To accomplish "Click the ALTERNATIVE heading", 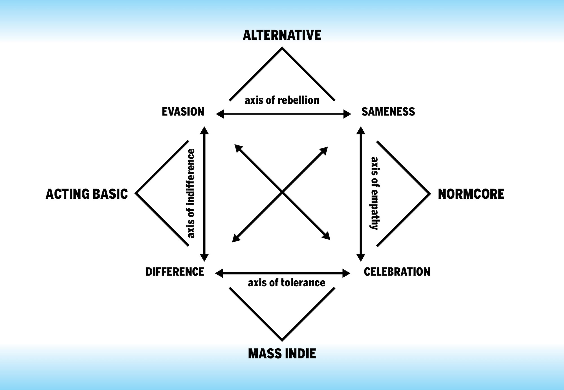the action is pyautogui.click(x=282, y=35).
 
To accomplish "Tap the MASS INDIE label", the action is pyautogui.click(x=282, y=354).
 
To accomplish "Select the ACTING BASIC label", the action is pyautogui.click(x=87, y=194).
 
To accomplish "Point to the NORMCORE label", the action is pyautogui.click(x=471, y=194).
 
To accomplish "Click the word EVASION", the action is pyautogui.click(x=183, y=112).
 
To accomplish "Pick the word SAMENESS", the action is pyautogui.click(x=388, y=112).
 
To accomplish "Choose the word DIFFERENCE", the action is pyautogui.click(x=175, y=272).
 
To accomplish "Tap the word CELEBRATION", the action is pyautogui.click(x=397, y=272).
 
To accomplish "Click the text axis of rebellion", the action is pyautogui.click(x=282, y=100).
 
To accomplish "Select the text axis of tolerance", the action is pyautogui.click(x=287, y=283).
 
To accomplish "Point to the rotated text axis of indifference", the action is pyautogui.click(x=191, y=193).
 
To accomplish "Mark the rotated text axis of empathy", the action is pyautogui.click(x=374, y=193).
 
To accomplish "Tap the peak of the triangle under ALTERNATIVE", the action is pyautogui.click(x=282, y=48).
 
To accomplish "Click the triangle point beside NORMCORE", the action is pyautogui.click(x=430, y=194).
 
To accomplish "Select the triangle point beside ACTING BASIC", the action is pyautogui.click(x=136, y=193).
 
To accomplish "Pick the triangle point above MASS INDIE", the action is pyautogui.click(x=282, y=340).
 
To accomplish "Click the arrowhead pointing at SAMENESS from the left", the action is pyautogui.click(x=347, y=114).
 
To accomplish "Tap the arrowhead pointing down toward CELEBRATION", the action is pyautogui.click(x=361, y=258).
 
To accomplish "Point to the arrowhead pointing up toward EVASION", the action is pyautogui.click(x=204, y=130).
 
